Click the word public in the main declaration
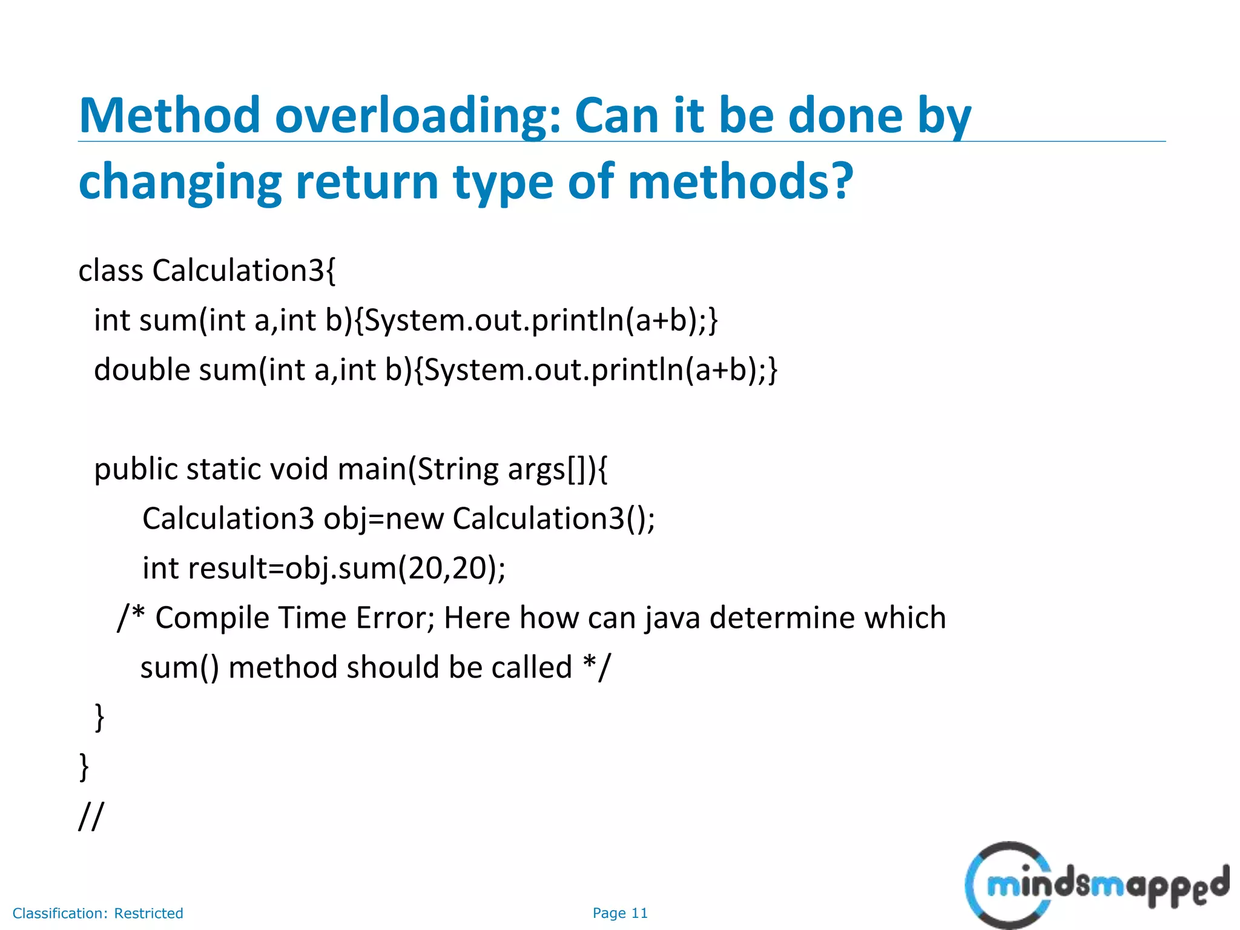(134, 470)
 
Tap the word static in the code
(223, 470)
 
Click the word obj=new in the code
(383, 519)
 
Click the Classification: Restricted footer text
(97, 913)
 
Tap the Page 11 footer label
(620, 913)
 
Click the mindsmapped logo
(1096, 885)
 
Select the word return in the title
(366, 182)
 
